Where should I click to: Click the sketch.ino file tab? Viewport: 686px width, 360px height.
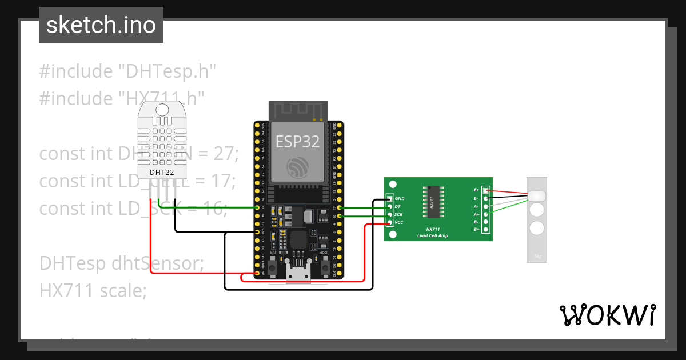[x=101, y=25]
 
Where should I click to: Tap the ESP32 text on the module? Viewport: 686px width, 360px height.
[x=297, y=141]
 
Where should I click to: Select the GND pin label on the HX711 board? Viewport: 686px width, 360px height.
[x=400, y=198]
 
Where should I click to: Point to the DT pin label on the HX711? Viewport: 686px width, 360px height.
[x=397, y=206]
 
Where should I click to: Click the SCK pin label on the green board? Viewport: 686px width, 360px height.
[x=398, y=214]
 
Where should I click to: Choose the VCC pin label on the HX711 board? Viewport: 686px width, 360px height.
[x=399, y=222]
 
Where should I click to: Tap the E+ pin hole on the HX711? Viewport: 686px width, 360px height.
[x=486, y=190]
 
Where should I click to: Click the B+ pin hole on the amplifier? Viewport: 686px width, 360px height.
[x=486, y=230]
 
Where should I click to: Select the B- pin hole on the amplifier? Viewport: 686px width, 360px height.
[x=486, y=222]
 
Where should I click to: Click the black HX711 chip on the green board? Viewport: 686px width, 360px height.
[x=433, y=202]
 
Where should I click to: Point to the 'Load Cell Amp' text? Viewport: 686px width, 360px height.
[x=433, y=235]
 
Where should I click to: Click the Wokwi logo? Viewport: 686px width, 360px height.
[x=607, y=315]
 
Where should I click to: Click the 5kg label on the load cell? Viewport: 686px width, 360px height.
[x=537, y=256]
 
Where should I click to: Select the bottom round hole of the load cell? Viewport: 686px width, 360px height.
[x=537, y=229]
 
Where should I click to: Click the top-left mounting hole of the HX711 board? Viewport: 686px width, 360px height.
[x=392, y=185]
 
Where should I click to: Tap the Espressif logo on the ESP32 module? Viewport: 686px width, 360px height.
[x=297, y=166]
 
